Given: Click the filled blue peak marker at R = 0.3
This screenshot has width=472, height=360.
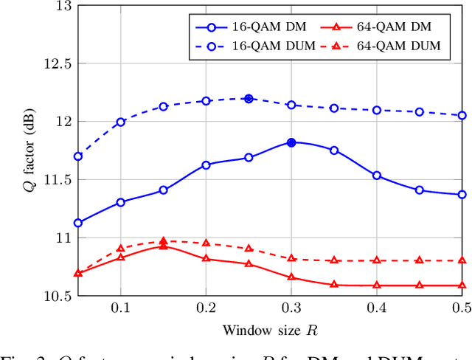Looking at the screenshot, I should [x=291, y=142].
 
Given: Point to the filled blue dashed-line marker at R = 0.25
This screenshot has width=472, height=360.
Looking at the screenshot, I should [x=249, y=98].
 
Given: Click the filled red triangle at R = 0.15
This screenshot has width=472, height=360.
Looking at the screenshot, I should [x=163, y=241].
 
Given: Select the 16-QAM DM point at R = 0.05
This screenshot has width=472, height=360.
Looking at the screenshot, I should [x=78, y=223].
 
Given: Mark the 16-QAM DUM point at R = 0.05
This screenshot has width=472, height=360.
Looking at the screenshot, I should [x=78, y=156].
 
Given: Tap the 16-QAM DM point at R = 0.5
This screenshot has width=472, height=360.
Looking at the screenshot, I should [x=462, y=195].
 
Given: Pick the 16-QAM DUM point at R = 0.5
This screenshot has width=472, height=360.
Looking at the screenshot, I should [x=462, y=115].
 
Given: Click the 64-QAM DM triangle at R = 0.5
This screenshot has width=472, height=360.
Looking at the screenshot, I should [x=462, y=285].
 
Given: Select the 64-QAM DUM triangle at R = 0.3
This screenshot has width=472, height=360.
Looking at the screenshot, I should [x=291, y=258].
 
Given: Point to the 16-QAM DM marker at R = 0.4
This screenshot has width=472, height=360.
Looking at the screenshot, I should [x=377, y=176].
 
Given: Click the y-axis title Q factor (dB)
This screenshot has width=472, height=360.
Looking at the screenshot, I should [x=29, y=150].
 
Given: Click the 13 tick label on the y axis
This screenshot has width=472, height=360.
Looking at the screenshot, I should [x=63, y=6].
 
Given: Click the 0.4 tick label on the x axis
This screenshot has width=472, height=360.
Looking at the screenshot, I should [x=377, y=308].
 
